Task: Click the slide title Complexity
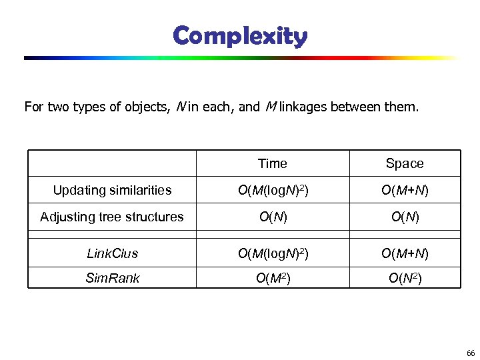click(240, 36)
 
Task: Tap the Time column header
click(272, 163)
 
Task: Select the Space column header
click(405, 163)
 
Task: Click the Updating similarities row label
click(112, 191)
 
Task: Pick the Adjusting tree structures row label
click(112, 217)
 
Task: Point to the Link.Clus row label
click(112, 253)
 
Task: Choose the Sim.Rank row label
click(112, 278)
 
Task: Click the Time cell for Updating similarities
click(272, 191)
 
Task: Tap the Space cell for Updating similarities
click(405, 191)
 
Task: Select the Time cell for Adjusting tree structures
click(272, 217)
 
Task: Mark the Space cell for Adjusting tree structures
click(405, 217)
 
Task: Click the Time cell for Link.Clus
click(272, 253)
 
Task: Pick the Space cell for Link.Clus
click(405, 253)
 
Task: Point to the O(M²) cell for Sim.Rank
click(272, 278)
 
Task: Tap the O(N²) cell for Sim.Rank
click(405, 278)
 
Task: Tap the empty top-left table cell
click(112, 163)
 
